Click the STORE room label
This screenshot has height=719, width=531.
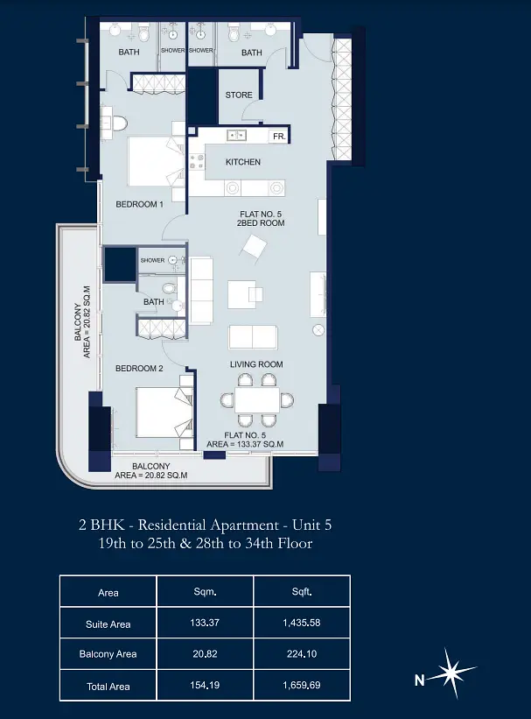pyautogui.click(x=239, y=95)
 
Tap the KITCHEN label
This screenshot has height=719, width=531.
pyautogui.click(x=243, y=162)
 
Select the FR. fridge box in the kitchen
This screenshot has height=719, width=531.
pyautogui.click(x=279, y=137)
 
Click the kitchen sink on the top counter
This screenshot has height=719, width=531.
pyautogui.click(x=237, y=135)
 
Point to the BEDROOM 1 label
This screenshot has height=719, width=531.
pyautogui.click(x=139, y=204)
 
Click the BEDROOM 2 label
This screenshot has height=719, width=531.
pyautogui.click(x=139, y=368)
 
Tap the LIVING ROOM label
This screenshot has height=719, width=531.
pyautogui.click(x=256, y=364)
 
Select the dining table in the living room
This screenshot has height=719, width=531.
pyautogui.click(x=257, y=400)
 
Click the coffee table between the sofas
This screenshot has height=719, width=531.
pyautogui.click(x=242, y=295)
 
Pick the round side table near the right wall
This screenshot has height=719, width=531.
pyautogui.click(x=318, y=330)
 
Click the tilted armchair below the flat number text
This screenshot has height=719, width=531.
pyautogui.click(x=255, y=248)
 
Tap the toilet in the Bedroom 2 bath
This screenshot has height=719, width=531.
pyautogui.click(x=169, y=289)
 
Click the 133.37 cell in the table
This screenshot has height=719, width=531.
pyautogui.click(x=205, y=623)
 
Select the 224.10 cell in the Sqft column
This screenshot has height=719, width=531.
pyautogui.click(x=302, y=654)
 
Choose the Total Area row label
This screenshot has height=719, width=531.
pyautogui.click(x=108, y=687)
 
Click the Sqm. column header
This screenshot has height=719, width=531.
pyautogui.click(x=205, y=592)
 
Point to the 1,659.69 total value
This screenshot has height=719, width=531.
pyautogui.click(x=302, y=685)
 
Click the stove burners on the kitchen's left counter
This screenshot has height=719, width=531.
pyautogui.click(x=197, y=161)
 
